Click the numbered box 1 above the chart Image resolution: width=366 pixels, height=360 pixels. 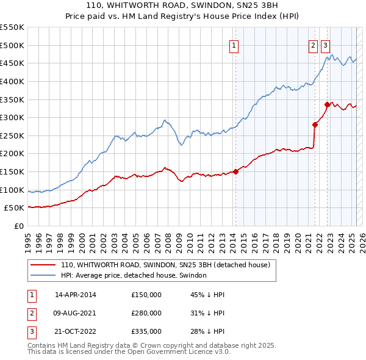tap(234, 45)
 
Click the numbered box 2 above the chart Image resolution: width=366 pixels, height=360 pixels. tap(313, 45)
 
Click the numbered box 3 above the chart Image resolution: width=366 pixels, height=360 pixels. tap(325, 45)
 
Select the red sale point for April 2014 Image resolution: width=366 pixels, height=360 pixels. tap(235, 171)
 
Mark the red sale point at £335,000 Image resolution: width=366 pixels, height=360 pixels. tap(328, 104)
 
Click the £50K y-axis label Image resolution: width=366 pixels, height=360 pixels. tap(15, 208)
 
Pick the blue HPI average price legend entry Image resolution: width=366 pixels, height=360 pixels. tap(134, 275)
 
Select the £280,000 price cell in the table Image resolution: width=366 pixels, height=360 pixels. tap(146, 313)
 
